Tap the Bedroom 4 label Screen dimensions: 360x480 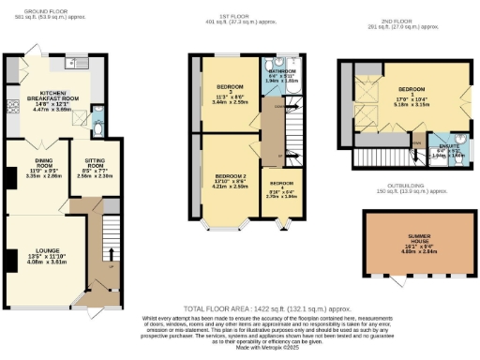point(282,187)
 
